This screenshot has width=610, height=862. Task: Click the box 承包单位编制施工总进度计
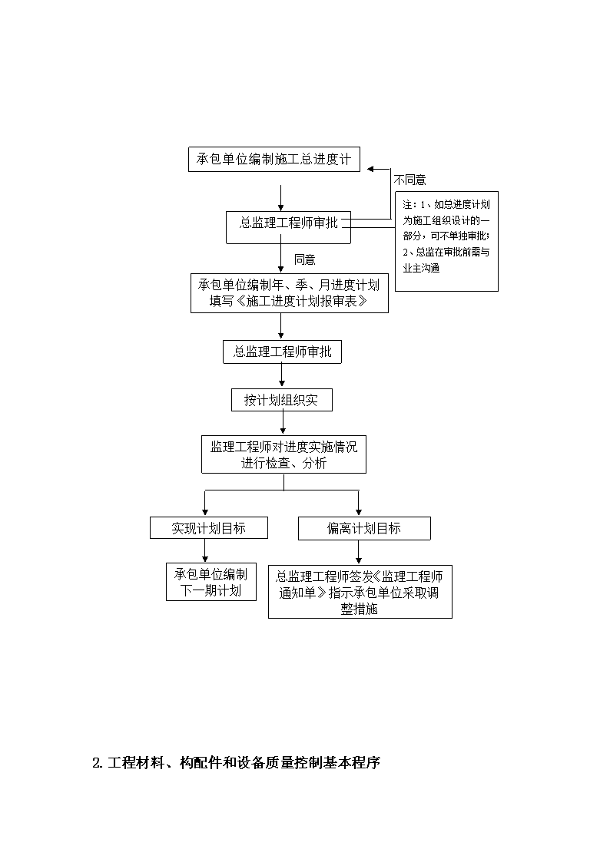[274, 160]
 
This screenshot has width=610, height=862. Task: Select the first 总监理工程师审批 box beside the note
[288, 228]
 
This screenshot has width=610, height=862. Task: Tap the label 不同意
[409, 180]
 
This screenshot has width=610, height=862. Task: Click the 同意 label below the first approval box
[305, 259]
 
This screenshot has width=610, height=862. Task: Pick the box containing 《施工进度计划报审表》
[290, 293]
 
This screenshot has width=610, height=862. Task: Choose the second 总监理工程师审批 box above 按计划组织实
[282, 352]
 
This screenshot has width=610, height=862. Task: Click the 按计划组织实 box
[282, 400]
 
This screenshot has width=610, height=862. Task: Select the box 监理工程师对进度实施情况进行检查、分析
[283, 454]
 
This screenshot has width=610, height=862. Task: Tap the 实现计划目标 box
[209, 528]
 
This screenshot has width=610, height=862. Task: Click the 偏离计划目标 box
[364, 528]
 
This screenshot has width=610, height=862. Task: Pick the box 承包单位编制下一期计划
[211, 582]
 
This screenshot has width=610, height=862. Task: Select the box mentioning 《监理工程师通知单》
[360, 592]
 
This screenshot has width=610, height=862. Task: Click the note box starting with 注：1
[446, 241]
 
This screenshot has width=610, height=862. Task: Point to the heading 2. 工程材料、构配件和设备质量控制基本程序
[237, 762]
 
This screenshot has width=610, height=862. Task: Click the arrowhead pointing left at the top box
[371, 169]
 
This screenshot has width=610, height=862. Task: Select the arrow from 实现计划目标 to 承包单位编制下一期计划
[205, 551]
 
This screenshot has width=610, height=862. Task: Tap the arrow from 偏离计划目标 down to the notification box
[359, 552]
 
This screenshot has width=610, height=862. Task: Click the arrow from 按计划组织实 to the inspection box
[283, 423]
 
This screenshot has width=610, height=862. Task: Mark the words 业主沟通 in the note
[421, 269]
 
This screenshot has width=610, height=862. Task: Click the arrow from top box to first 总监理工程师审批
[281, 199]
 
